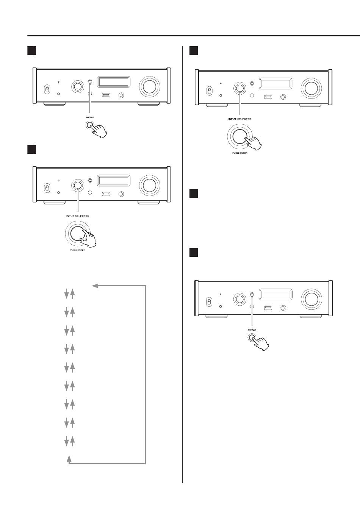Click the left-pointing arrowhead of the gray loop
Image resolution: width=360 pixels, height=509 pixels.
coord(95,286)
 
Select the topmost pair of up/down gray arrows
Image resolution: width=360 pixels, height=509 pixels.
coord(70,294)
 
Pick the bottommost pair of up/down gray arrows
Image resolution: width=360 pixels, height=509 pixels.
coord(70,441)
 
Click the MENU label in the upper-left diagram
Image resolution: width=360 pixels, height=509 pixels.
coord(90,117)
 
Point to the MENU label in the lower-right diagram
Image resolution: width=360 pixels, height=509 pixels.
coord(252,330)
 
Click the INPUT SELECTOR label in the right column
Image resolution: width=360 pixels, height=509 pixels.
coord(240,119)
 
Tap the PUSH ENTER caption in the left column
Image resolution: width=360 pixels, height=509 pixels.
coord(78,250)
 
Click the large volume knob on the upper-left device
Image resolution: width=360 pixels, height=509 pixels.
coord(149,87)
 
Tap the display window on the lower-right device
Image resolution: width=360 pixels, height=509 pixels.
coord(275,295)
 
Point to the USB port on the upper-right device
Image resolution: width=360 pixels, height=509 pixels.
coord(268,97)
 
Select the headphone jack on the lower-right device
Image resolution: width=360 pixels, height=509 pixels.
coord(283,308)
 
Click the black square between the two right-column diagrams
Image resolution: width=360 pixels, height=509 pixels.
coord(194,194)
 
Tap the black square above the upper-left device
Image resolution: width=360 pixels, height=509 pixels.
coord(31,51)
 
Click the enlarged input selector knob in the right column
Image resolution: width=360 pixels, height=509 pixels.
coord(240,136)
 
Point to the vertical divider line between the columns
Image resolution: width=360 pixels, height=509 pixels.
coord(182,264)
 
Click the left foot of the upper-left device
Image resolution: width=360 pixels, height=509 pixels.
coord(54,104)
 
